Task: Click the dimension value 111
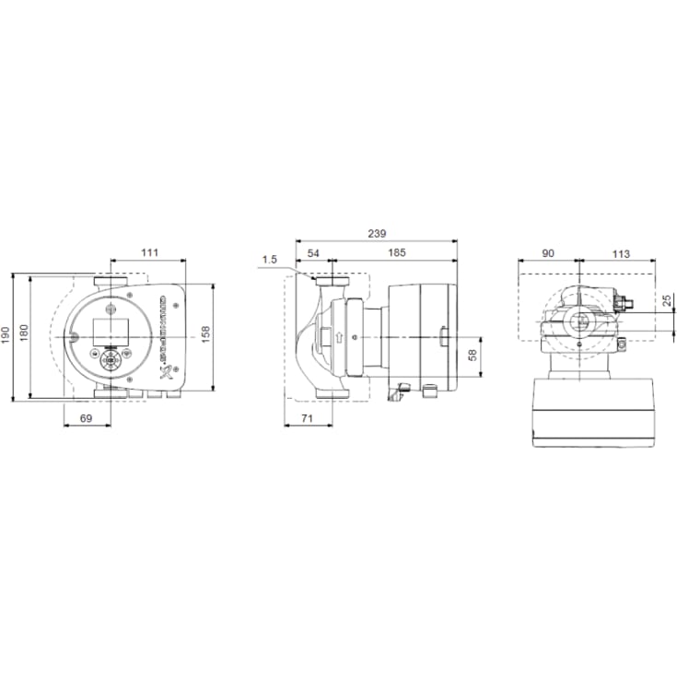(149, 251)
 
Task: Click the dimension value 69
(87, 419)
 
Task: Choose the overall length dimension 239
(376, 233)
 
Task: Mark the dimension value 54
(312, 251)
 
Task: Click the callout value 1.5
(269, 260)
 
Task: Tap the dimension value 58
(473, 355)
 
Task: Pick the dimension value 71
(308, 419)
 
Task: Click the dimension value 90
(548, 251)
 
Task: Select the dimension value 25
(667, 300)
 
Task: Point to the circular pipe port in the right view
(578, 321)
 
